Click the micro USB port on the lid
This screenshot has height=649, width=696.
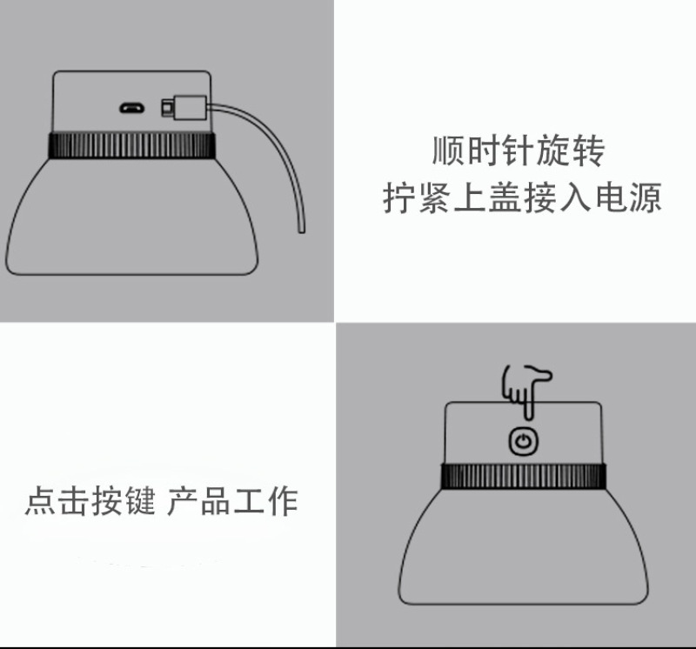click(132, 108)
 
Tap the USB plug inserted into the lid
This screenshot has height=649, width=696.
click(184, 108)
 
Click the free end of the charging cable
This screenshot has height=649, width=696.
click(301, 230)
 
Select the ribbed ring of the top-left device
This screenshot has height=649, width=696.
click(132, 145)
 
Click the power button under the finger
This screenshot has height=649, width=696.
click(524, 441)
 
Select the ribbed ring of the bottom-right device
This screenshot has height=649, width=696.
click(524, 476)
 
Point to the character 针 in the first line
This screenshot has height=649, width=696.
click(518, 151)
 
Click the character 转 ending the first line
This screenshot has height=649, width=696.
click(588, 151)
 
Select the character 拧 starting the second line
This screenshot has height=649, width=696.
click(398, 197)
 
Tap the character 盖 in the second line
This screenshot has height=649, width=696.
click(505, 197)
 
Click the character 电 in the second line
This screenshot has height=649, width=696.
click(612, 197)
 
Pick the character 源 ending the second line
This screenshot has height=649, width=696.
click(646, 197)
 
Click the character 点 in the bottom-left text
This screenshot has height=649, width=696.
click(40, 501)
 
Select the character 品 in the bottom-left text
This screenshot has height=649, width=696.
click(215, 501)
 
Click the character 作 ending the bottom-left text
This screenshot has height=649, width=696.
click(282, 501)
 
